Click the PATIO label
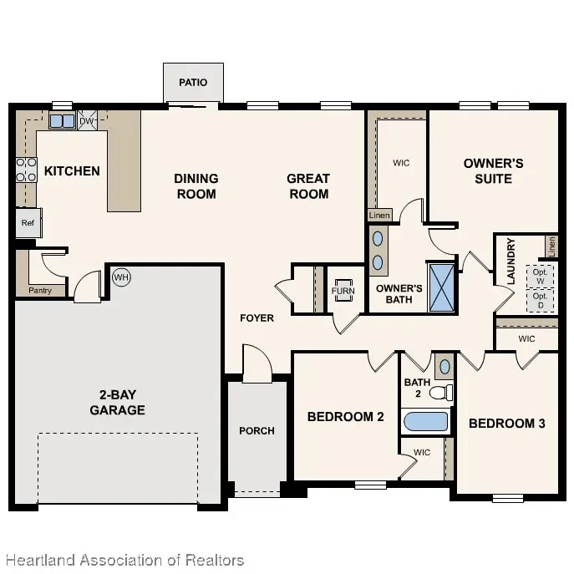(x=192, y=83)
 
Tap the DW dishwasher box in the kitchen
(x=87, y=121)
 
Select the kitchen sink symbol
(x=61, y=122)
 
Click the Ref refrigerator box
(x=28, y=223)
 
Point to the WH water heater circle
(x=121, y=277)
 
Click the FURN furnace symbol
(x=343, y=292)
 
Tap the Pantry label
(x=39, y=291)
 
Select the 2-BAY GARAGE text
(x=117, y=402)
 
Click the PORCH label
(x=257, y=430)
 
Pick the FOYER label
(x=257, y=317)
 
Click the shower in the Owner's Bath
(x=441, y=287)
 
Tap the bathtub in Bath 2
(x=426, y=421)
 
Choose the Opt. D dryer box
(x=540, y=300)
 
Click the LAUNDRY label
(x=511, y=262)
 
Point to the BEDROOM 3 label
(x=506, y=424)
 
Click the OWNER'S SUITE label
(x=493, y=170)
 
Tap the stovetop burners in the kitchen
(x=26, y=170)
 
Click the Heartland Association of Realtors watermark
(x=124, y=560)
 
